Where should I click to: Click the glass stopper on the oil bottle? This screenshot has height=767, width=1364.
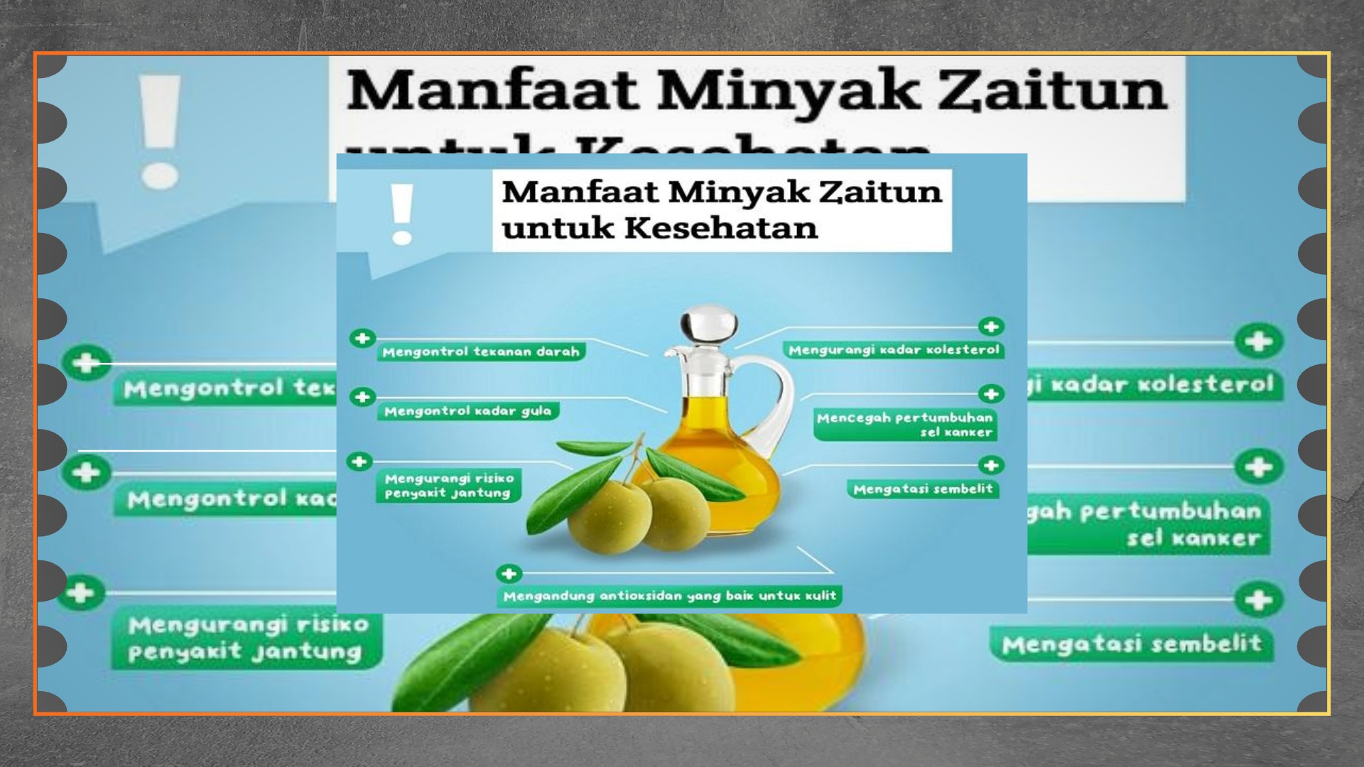708,325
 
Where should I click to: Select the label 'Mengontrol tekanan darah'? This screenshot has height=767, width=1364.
480,352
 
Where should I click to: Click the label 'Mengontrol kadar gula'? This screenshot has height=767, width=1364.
467,411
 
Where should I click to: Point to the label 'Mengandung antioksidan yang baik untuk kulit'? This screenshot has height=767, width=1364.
669,596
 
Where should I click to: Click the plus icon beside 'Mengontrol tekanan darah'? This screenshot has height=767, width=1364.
362,338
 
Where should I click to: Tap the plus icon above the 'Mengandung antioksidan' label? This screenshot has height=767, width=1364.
509,573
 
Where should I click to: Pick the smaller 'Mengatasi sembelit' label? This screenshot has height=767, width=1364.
923,489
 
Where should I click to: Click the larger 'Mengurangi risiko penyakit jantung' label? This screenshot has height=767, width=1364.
246,638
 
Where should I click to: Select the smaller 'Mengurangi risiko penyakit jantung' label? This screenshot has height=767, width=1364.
448,486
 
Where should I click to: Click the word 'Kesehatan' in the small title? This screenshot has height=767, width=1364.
721,229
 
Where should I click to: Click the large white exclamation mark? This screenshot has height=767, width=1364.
160,131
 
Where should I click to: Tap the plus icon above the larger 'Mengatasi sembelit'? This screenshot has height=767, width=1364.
1258,600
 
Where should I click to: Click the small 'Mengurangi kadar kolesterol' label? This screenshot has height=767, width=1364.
894,350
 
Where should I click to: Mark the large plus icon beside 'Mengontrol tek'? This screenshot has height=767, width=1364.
87,363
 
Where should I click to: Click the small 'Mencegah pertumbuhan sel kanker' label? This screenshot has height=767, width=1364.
904,425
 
